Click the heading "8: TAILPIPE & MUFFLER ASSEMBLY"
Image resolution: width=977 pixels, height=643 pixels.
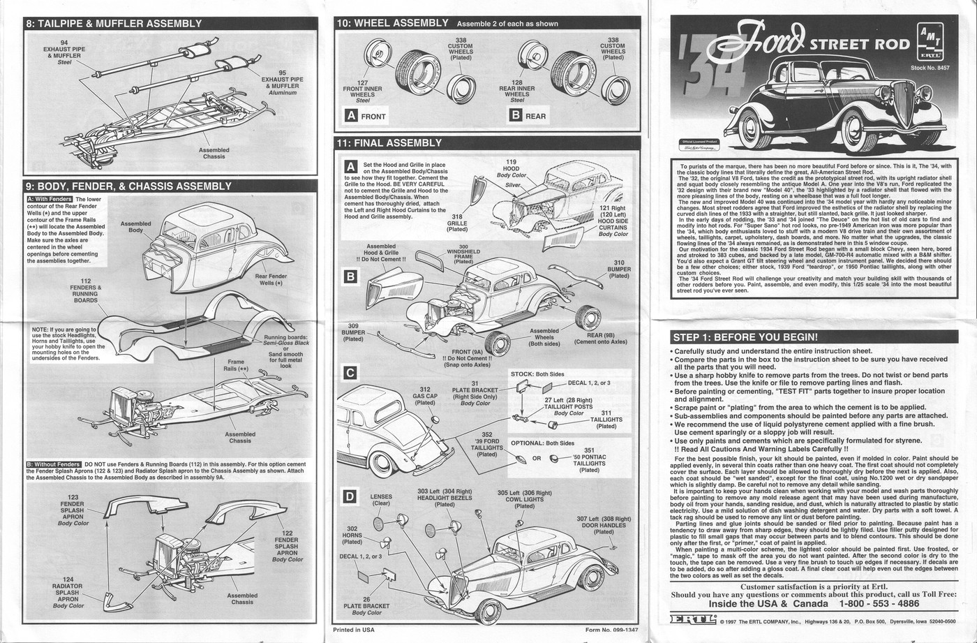114,24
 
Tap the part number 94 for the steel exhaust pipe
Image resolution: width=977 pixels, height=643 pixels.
64,43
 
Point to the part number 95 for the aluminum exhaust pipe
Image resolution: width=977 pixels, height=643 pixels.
282,73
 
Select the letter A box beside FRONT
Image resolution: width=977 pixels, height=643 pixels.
352,116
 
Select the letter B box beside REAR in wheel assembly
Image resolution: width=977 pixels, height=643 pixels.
516,116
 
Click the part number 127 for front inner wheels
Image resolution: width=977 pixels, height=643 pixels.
362,82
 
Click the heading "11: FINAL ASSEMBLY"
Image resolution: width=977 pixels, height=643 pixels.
389,143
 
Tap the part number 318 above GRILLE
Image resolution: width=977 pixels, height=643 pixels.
457,216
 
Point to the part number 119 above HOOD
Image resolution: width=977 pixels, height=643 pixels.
512,162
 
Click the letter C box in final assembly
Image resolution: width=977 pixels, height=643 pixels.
351,373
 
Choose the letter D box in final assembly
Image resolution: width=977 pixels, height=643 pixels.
351,497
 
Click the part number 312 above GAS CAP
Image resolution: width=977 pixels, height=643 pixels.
425,390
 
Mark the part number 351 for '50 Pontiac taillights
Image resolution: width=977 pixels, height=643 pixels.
589,450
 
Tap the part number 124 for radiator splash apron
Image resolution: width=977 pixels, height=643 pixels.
68,579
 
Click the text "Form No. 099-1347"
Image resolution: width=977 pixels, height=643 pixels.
612,630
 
